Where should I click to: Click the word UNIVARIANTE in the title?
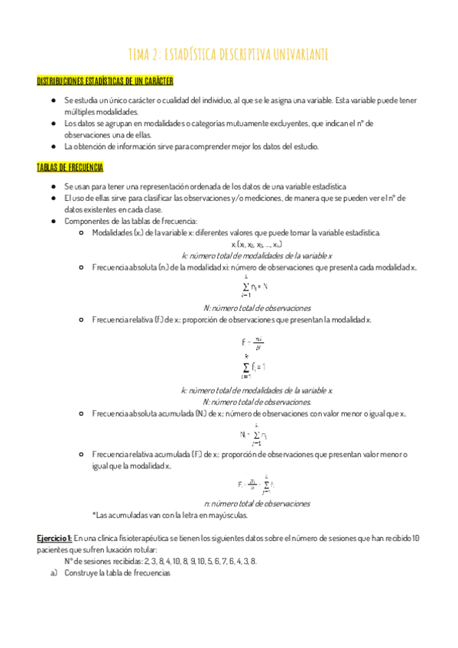[297, 53]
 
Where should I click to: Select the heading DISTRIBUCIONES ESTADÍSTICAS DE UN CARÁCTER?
[106, 80]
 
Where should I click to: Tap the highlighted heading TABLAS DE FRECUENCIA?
[70, 167]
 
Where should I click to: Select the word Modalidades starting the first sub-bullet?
[111, 232]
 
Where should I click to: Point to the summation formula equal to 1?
[253, 367]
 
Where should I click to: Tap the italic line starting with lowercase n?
[256, 504]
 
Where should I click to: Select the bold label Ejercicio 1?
[54, 538]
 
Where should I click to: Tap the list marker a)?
[53, 572]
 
